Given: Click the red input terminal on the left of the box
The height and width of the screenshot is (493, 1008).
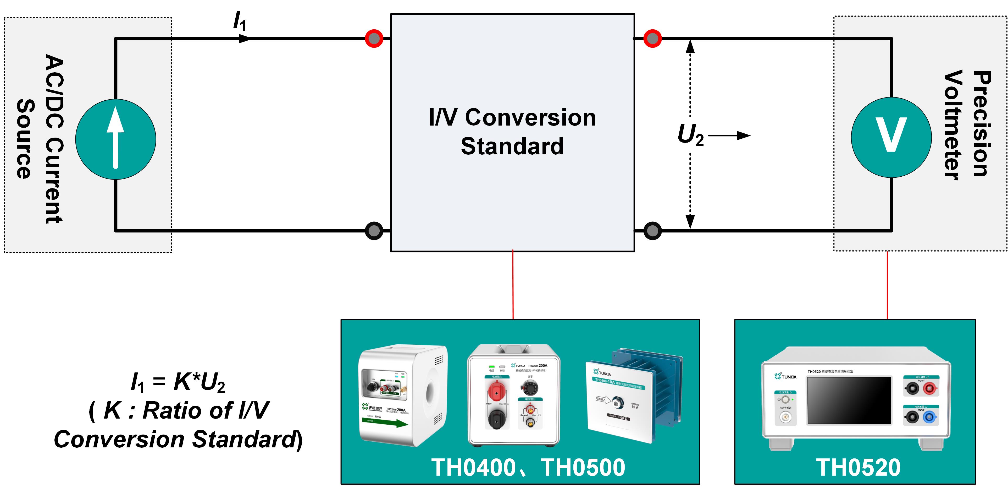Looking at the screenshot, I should coord(374,38).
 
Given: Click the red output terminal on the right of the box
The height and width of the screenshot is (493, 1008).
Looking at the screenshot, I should coord(652,38).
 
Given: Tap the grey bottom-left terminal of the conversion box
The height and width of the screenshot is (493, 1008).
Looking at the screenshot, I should coord(374,231).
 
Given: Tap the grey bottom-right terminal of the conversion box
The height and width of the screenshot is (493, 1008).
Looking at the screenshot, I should coord(652,231).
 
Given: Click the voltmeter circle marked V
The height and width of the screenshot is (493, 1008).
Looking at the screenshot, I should coord(891,137).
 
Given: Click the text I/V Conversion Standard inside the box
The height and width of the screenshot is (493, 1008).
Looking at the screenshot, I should coord(512,132).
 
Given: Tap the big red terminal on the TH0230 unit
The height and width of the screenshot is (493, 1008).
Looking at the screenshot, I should coord(496,391).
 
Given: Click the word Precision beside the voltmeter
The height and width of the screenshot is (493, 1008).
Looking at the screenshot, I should coord(981,123).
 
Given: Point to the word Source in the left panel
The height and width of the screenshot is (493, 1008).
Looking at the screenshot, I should coord(25,139).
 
